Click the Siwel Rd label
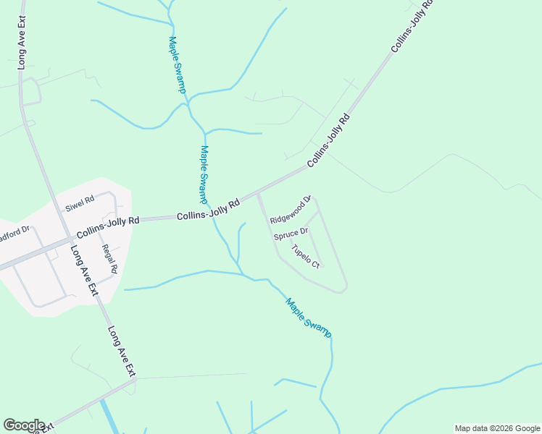(80, 205)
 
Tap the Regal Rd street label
(110, 258)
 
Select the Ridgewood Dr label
(291, 210)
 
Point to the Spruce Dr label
(291, 234)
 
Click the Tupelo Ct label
(305, 256)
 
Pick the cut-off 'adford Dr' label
(14, 235)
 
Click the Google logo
(24, 425)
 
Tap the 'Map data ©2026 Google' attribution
(498, 428)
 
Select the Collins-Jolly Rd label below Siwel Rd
(108, 227)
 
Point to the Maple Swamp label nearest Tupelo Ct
(309, 318)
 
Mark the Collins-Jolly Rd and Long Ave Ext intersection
(64, 239)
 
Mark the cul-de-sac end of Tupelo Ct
(322, 265)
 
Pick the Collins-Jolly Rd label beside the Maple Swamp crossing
(209, 210)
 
